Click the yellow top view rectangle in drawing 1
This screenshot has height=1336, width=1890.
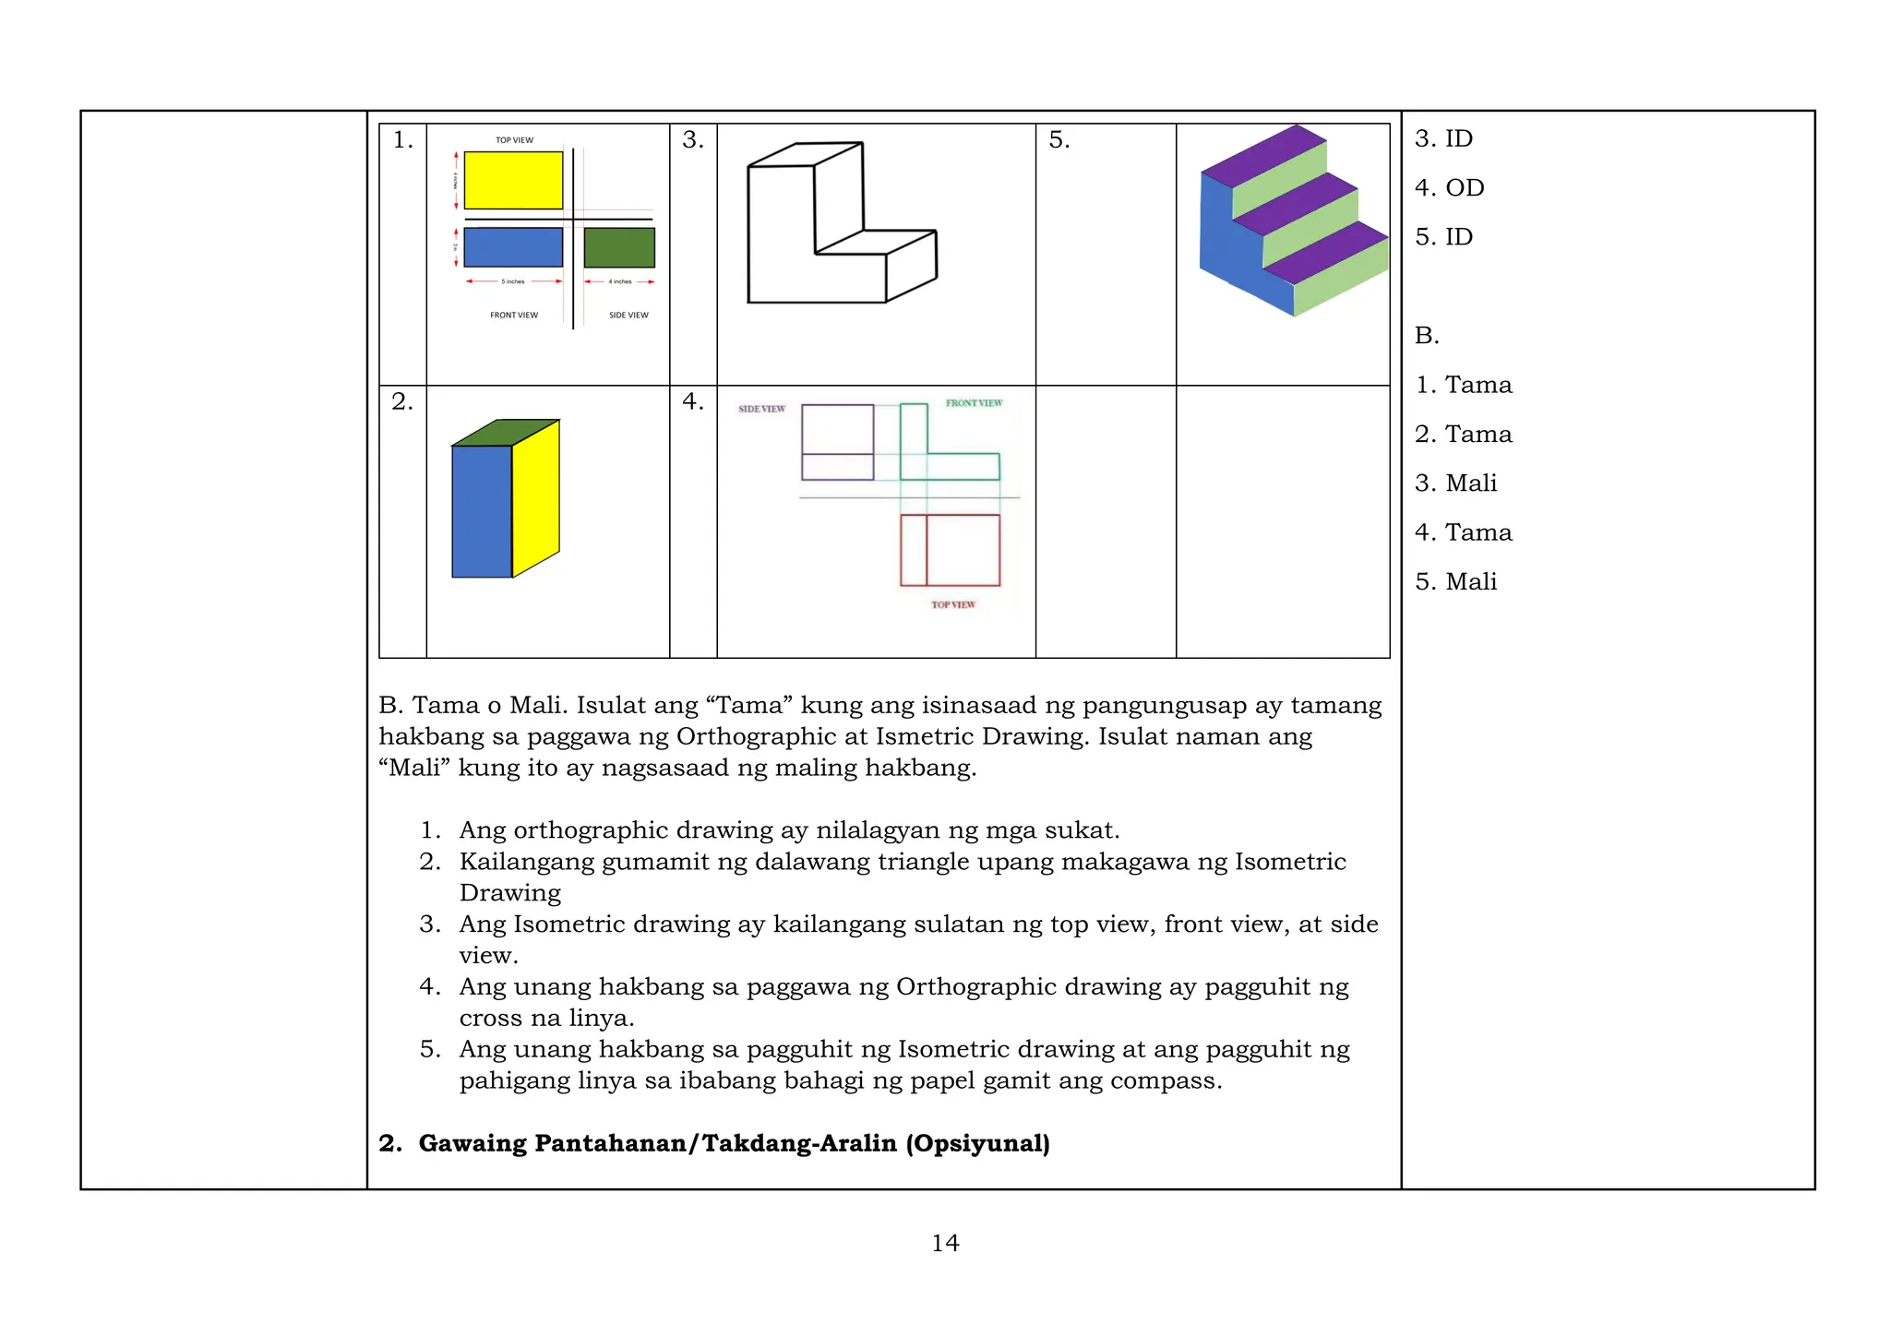pos(513,180)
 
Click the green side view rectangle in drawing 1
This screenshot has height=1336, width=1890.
pos(619,247)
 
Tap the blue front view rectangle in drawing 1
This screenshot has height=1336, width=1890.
pos(513,247)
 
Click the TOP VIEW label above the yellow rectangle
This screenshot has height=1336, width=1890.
pos(514,140)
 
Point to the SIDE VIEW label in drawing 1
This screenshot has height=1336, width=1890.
pos(628,316)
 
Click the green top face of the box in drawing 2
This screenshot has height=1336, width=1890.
pos(505,433)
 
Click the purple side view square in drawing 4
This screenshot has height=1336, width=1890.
pos(837,442)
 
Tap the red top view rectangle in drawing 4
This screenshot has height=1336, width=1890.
pos(951,550)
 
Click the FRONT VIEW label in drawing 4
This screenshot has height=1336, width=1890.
pos(974,403)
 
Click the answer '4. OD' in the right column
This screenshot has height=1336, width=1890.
pos(1449,188)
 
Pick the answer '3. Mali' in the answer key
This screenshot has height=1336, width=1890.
pos(1455,483)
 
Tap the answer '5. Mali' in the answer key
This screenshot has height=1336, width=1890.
pos(1455,582)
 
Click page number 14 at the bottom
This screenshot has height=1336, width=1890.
pos(945,1244)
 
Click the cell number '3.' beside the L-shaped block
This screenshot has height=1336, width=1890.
pos(692,140)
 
